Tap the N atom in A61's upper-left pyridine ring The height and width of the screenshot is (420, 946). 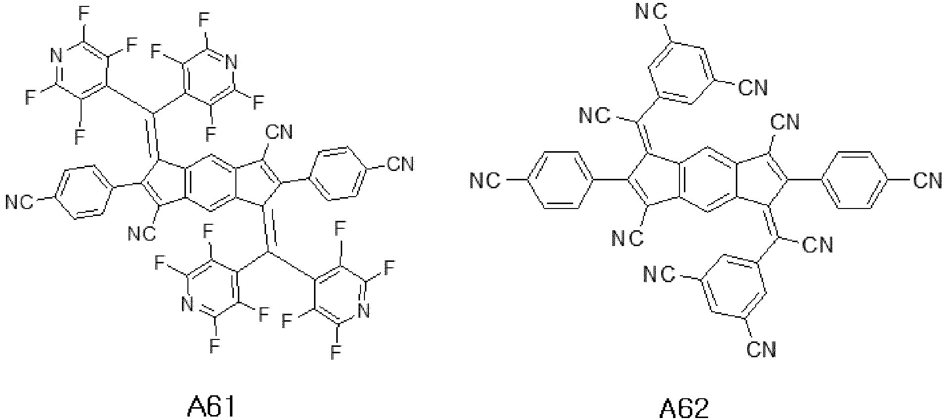(57, 56)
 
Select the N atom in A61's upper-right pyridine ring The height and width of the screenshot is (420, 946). (230, 62)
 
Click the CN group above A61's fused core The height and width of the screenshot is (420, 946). (279, 132)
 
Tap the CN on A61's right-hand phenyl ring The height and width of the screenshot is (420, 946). (400, 163)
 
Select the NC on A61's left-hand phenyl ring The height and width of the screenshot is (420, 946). (19, 202)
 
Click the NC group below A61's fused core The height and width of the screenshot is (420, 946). (142, 233)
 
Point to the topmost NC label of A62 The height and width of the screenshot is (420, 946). (650, 12)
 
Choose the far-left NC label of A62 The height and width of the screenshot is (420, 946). (485, 180)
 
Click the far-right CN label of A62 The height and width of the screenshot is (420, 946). (928, 180)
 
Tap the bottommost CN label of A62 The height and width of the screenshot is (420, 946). (761, 349)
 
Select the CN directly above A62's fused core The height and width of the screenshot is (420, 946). (785, 122)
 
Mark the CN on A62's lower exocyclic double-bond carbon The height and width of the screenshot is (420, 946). (817, 245)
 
